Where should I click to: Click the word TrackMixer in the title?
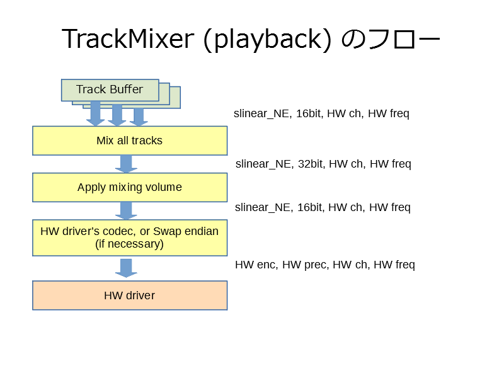[128, 38]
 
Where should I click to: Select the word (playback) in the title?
[267, 40]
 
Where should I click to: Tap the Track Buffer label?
[110, 89]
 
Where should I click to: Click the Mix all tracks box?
[130, 140]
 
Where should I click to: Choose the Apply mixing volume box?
[130, 187]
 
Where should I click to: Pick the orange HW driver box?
[130, 295]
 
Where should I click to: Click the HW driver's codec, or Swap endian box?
[130, 238]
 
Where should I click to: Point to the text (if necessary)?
[129, 244]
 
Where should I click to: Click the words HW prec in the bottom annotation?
[306, 265]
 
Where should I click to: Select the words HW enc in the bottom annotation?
[256, 265]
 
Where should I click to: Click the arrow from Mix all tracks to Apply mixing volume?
[127, 164]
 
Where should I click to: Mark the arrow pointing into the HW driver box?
[127, 268]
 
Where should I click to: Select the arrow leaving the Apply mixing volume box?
[127, 210]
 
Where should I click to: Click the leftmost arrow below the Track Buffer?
[96, 113]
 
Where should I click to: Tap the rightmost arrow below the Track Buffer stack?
[139, 117]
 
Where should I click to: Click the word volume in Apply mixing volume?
[164, 187]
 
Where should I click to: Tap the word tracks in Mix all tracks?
[147, 140]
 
